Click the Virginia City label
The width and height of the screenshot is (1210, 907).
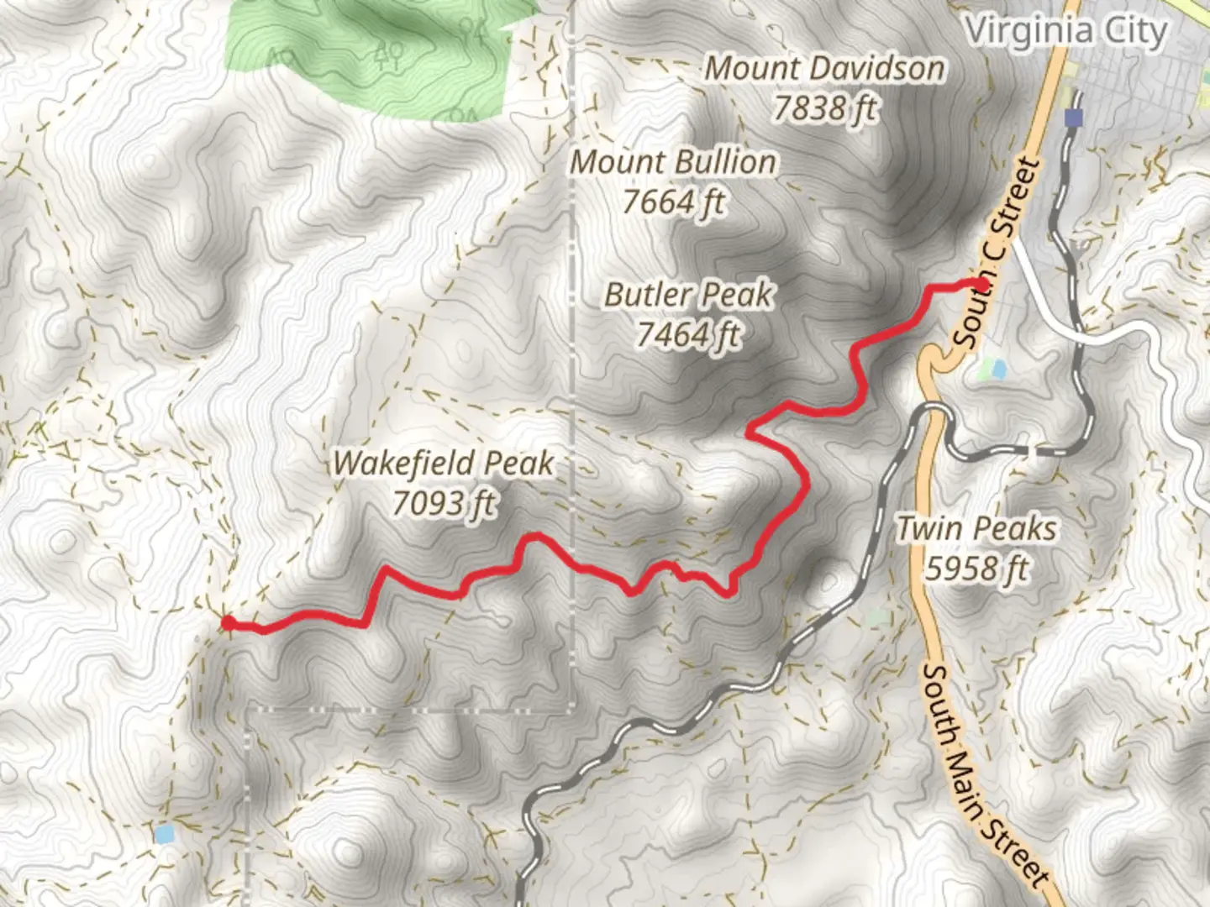click(x=1065, y=32)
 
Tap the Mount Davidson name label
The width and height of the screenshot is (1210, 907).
click(x=823, y=69)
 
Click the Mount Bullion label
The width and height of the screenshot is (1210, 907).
click(x=673, y=162)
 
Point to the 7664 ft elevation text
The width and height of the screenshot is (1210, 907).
click(x=673, y=202)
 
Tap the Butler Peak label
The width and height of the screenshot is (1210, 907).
click(x=688, y=295)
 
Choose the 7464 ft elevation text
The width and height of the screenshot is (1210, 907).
click(x=688, y=334)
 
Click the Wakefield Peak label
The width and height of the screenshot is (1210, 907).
click(x=443, y=463)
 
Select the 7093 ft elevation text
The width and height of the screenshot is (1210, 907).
click(x=443, y=503)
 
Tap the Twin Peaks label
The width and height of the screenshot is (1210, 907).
click(x=976, y=529)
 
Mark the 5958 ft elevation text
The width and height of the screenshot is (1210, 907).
click(x=976, y=569)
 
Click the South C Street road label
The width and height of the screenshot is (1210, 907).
click(x=997, y=253)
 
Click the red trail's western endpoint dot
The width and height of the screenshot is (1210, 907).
click(x=228, y=622)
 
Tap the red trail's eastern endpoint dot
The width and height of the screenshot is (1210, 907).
click(x=980, y=284)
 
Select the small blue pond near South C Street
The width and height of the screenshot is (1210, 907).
click(x=997, y=368)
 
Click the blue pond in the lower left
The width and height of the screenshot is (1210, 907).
click(x=165, y=834)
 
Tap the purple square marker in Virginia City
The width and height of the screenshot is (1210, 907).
click(x=1073, y=118)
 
